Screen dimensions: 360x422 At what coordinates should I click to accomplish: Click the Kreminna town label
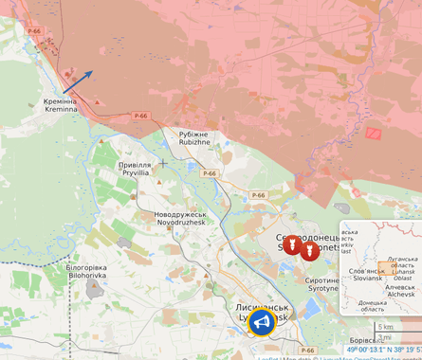pos(61,105)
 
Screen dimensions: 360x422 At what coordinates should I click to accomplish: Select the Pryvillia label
pos(135,169)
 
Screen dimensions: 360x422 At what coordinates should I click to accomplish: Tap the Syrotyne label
pos(322,284)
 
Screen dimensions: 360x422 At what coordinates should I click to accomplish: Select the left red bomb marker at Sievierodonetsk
pos(292,245)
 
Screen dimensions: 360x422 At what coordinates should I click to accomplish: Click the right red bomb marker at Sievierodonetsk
pos(309,250)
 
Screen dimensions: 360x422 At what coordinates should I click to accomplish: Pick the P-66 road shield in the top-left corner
pos(35,31)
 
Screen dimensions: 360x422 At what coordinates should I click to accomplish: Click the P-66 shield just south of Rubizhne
pos(209,173)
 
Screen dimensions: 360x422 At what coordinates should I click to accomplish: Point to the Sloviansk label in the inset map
pos(365,275)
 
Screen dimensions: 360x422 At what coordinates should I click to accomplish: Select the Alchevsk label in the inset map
pos(400,290)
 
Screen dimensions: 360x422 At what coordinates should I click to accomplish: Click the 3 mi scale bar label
pos(384,337)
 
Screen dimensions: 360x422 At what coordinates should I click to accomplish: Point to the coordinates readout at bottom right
pos(383,351)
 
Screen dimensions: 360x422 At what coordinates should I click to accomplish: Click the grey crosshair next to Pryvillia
pos(162,163)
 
